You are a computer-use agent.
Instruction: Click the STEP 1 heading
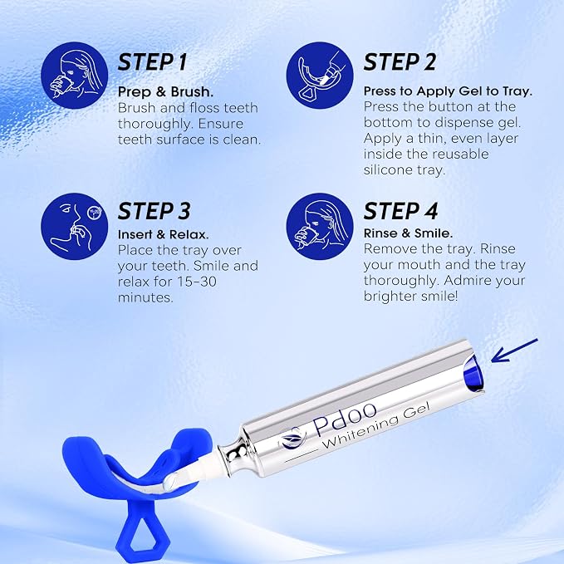[x=153, y=62]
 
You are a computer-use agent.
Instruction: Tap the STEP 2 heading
[x=400, y=61]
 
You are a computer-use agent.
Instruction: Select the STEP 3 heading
[x=154, y=211]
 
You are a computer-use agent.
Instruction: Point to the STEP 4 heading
[x=400, y=211]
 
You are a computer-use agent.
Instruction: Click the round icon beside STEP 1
[x=75, y=76]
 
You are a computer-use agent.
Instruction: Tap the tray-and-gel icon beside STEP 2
[x=320, y=76]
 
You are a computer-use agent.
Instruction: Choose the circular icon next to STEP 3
[x=75, y=226]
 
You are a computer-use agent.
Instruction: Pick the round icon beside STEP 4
[x=320, y=226]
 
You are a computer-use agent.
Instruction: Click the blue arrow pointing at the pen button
[x=514, y=351]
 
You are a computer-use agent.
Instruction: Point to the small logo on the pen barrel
[x=292, y=438]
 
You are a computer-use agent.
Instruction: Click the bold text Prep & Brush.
[x=165, y=92]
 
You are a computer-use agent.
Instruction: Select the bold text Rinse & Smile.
[x=408, y=233]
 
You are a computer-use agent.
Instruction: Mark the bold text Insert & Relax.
[x=164, y=234]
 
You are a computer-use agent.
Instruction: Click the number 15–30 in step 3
[x=197, y=282]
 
